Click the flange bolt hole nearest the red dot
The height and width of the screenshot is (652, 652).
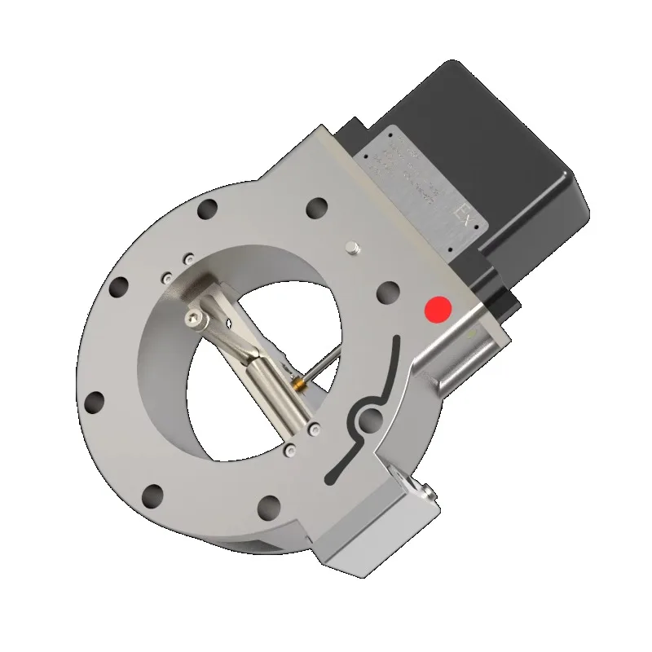tap(389, 291)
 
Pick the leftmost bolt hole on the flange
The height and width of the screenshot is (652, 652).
tap(95, 401)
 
